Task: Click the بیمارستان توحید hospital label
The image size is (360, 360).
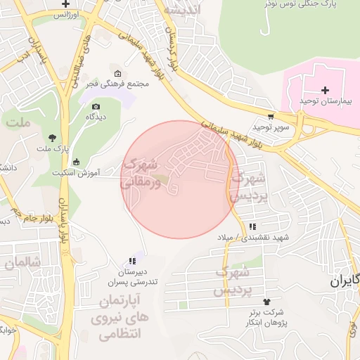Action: pos(324,102)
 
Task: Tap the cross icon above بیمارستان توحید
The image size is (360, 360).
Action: pos(325,89)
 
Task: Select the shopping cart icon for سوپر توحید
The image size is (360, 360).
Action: pos(271,116)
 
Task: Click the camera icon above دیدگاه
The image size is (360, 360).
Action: pos(96,106)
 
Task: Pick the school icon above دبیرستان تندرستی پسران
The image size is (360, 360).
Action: pos(131,261)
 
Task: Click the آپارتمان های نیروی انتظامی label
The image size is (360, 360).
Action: pos(120,318)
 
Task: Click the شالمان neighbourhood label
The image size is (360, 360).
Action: pos(20,262)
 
